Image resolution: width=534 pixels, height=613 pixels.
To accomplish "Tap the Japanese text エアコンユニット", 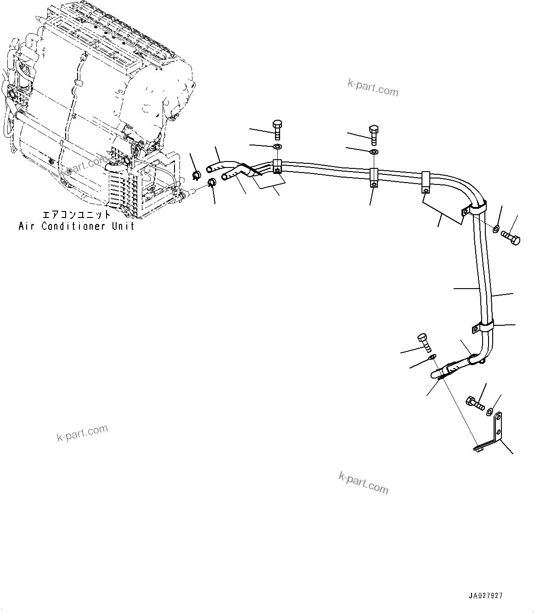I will pyautogui.click(x=76, y=215).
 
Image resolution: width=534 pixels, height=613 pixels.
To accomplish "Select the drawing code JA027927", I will pyautogui.click(x=486, y=596).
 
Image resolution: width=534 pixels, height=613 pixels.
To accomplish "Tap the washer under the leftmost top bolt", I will pyautogui.click(x=277, y=147).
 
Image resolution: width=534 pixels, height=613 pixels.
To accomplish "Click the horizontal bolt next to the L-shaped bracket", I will pyautogui.click(x=475, y=403).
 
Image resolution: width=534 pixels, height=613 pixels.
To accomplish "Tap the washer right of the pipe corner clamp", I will pyautogui.click(x=496, y=228).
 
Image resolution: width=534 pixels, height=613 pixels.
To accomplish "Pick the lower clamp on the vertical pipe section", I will pyautogui.click(x=483, y=327).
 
